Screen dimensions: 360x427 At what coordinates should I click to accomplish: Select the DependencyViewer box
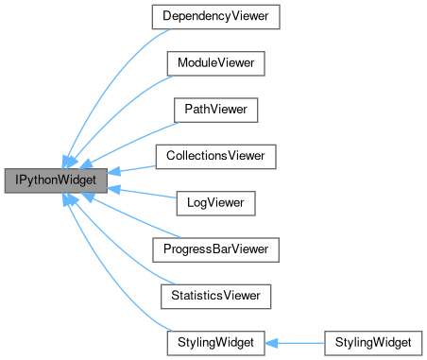click(213, 16)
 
